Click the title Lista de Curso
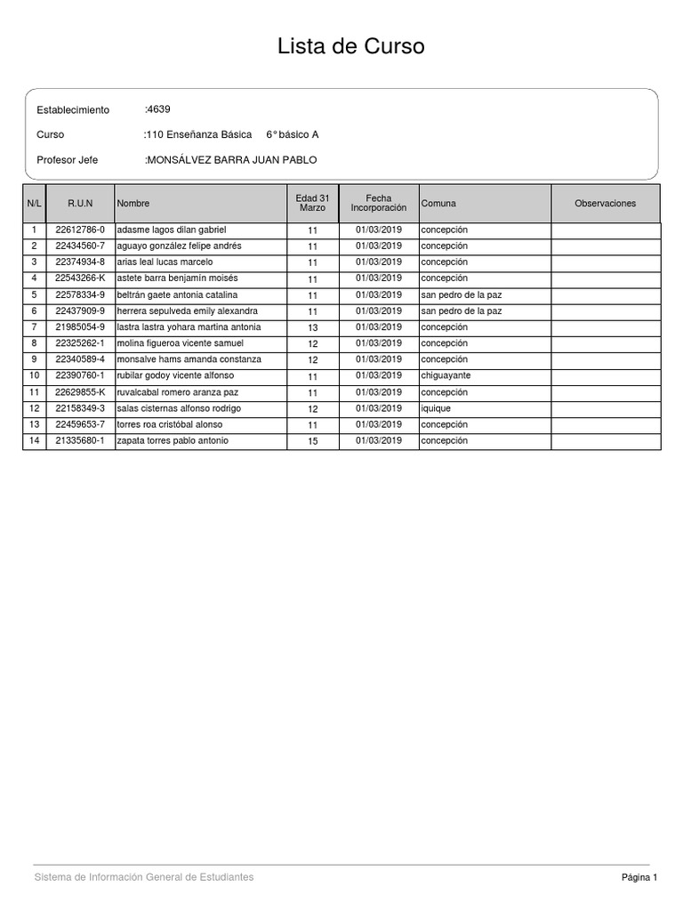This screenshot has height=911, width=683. (351, 46)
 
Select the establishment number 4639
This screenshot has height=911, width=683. (158, 109)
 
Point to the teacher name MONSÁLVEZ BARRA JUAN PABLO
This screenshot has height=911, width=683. (231, 160)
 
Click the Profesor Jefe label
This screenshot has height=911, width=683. (68, 160)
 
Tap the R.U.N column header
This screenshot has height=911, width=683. (80, 204)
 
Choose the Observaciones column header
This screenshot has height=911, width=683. (606, 204)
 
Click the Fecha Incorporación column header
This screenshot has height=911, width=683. (379, 203)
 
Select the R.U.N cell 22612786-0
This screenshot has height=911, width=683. (80, 230)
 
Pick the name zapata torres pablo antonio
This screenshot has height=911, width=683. (173, 441)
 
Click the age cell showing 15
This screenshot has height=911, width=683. (313, 441)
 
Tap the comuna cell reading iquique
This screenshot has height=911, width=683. (436, 409)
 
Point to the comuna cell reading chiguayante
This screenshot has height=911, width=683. (446, 376)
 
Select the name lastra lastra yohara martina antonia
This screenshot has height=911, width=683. (189, 327)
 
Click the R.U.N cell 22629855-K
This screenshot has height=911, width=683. (80, 392)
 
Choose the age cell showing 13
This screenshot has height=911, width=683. (313, 328)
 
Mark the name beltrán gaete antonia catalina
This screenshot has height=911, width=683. (177, 295)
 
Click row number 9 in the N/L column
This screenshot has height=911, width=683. (34, 359)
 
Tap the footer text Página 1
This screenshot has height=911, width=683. (639, 877)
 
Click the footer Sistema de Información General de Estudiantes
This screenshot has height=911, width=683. (144, 877)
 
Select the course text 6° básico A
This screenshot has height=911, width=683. (293, 135)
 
